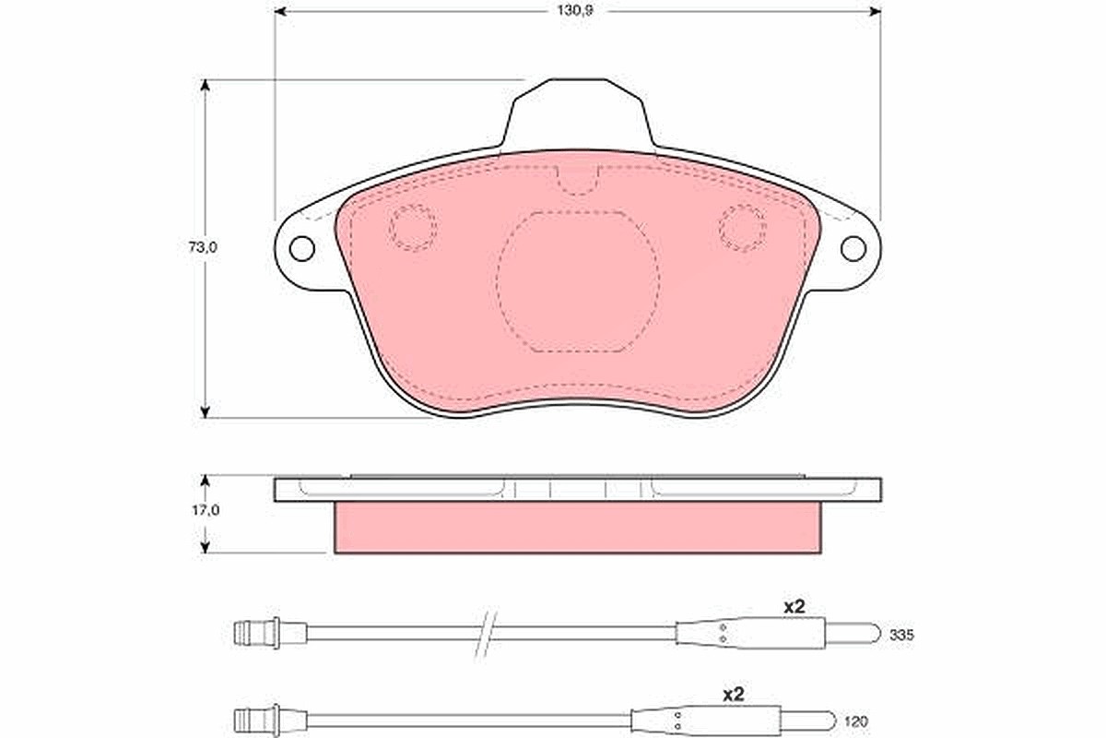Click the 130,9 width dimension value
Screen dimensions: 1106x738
click(575, 11)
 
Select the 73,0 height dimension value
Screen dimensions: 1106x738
click(203, 247)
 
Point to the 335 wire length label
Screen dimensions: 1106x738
click(901, 636)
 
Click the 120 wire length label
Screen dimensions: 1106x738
click(855, 721)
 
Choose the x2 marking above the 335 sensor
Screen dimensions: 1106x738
click(794, 606)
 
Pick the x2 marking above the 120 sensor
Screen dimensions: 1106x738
click(734, 695)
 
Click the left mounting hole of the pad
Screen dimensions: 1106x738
click(301, 249)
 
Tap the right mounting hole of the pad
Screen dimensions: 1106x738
click(853, 249)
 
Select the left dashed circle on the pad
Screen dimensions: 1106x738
click(413, 227)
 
